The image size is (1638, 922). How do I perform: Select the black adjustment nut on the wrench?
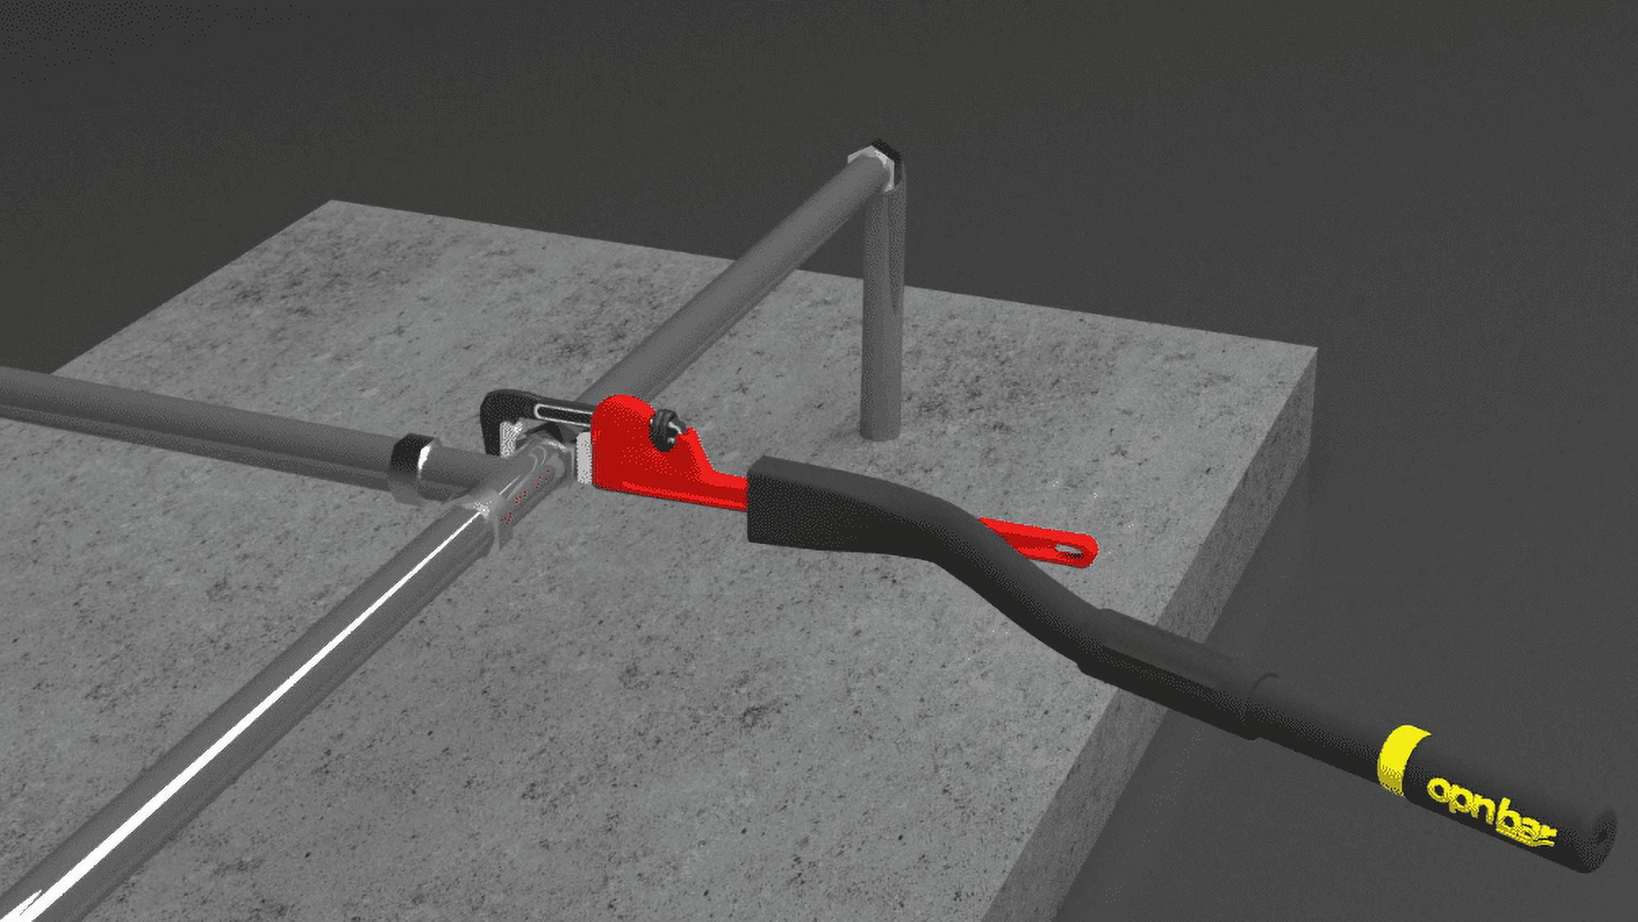665,427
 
